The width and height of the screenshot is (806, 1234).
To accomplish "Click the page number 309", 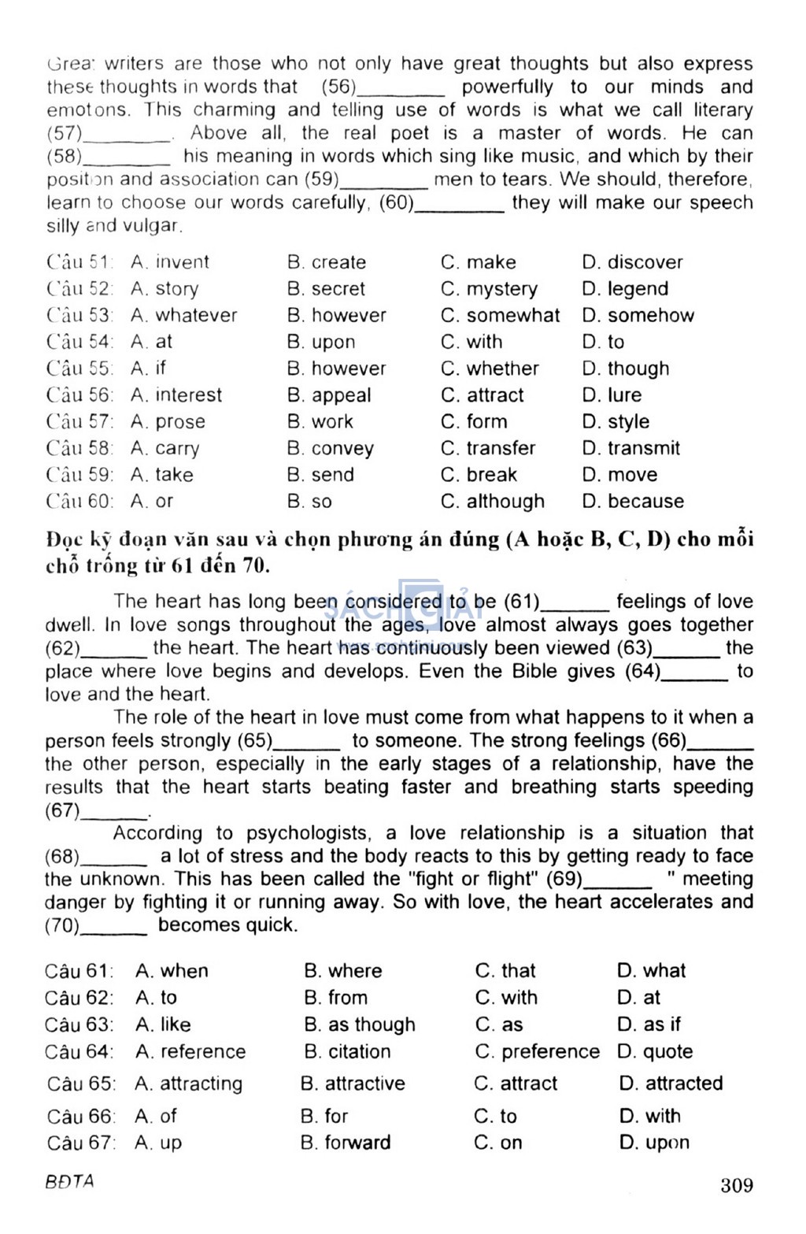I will (x=736, y=1185).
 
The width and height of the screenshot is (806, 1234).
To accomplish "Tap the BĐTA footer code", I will (x=69, y=1181).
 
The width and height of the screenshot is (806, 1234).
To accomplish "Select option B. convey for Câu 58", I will (x=331, y=448).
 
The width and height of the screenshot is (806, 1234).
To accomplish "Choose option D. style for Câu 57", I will (x=616, y=421).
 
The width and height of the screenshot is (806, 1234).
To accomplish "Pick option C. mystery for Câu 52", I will (x=489, y=289).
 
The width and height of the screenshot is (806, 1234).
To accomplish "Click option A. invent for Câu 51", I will (x=170, y=262).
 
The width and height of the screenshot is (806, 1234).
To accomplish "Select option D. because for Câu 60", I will (x=633, y=501).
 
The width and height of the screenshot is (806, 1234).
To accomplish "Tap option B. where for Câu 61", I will (x=342, y=970).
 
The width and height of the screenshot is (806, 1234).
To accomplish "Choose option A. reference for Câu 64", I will (x=190, y=1051).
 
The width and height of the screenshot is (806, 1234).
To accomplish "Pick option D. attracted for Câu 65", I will (x=671, y=1084).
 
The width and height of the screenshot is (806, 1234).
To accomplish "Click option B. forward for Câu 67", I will (x=346, y=1142).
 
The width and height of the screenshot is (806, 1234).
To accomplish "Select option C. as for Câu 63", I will (x=499, y=1025).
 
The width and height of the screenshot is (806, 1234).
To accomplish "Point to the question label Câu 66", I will (x=80, y=1116).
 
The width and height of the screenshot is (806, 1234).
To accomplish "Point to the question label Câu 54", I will (x=79, y=342).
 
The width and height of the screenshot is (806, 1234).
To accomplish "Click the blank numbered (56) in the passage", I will (x=401, y=88).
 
